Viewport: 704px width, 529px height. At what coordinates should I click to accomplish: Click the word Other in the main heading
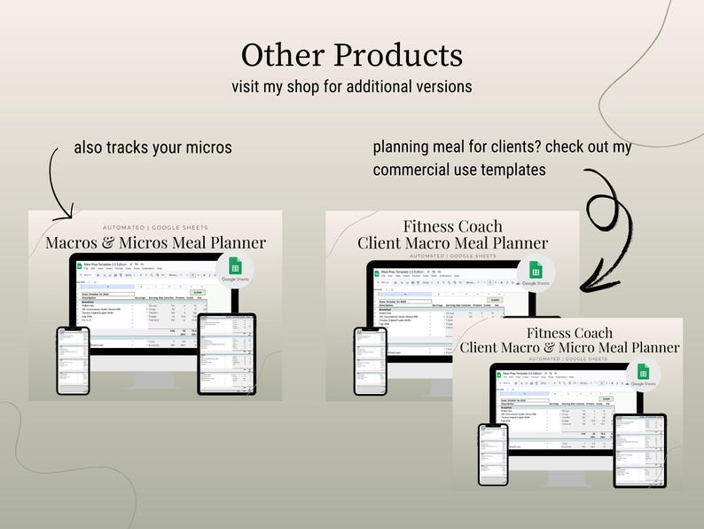point(282,55)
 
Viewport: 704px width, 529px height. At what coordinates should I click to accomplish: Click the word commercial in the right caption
point(414,169)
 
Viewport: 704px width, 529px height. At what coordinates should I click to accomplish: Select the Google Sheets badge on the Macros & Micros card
point(235,269)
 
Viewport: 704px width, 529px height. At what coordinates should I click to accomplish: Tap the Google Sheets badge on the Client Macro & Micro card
point(643,375)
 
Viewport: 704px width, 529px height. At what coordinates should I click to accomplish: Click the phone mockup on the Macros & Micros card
point(73,359)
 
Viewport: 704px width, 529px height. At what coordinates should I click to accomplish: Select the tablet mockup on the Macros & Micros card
point(226,353)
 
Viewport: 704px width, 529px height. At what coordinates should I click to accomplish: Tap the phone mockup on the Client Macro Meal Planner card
point(370,360)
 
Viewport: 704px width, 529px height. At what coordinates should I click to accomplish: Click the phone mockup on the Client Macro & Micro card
point(493,454)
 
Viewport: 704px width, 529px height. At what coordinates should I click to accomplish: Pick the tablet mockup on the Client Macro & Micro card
point(639,450)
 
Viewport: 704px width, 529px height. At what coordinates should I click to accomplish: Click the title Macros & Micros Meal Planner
point(156,242)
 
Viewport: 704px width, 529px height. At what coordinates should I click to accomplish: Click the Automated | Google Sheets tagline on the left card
point(156,227)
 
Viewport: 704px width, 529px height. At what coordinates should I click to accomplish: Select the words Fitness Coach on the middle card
point(452,226)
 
